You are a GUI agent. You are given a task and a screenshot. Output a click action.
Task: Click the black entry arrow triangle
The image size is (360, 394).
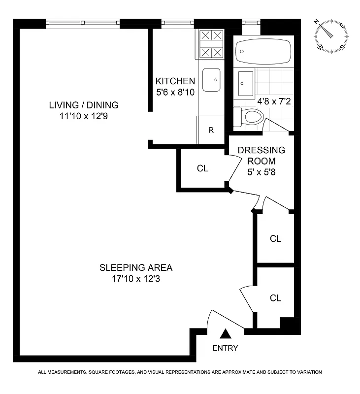pyautogui.click(x=226, y=334)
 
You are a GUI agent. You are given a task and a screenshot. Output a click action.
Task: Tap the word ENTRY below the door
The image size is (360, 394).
pyautogui.click(x=225, y=348)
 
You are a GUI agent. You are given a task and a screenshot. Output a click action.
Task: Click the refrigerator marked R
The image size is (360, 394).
pyautogui.click(x=211, y=130)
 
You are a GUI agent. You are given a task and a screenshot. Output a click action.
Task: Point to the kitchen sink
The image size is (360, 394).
pyautogui.click(x=212, y=80)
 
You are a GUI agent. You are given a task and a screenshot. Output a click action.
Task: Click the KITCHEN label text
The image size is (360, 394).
pyautogui.click(x=175, y=81)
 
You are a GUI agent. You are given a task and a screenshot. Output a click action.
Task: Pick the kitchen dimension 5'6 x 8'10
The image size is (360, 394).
pyautogui.click(x=175, y=91)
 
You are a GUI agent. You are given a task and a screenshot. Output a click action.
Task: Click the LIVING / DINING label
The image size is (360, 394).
pyautogui.click(x=84, y=105)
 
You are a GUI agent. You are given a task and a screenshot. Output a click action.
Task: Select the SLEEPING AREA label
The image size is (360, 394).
pyautogui.click(x=136, y=268)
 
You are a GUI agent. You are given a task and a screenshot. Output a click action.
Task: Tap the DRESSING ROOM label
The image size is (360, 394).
pyautogui.click(x=262, y=155)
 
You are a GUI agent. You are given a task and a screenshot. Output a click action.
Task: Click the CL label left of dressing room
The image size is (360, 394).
pyautogui.click(x=202, y=168)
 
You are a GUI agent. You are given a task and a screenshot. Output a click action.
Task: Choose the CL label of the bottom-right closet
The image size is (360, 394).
pyautogui.click(x=275, y=298)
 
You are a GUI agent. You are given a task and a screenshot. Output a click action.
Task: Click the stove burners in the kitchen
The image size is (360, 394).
pyautogui.click(x=212, y=44)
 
